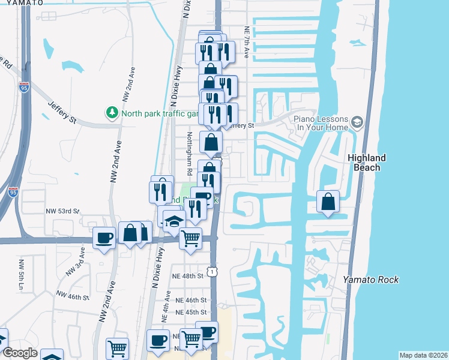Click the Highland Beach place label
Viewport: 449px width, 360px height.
[x=367, y=163]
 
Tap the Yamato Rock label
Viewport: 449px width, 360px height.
[x=370, y=280]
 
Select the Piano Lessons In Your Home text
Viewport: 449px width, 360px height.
[x=321, y=123]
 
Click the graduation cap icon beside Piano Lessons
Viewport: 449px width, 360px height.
[x=358, y=123]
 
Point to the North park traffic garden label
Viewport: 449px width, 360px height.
[x=160, y=113]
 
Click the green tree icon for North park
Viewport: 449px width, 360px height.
[x=112, y=113]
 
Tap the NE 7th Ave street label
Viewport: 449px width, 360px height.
[x=246, y=42]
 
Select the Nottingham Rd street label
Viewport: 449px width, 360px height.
[x=189, y=153]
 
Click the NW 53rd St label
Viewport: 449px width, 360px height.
[x=62, y=211]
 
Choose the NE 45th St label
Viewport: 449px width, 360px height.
[x=191, y=312]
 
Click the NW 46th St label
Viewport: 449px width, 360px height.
[x=73, y=295]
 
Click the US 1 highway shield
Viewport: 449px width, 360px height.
[x=212, y=272]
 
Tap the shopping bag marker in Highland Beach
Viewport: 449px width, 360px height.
[x=328, y=202]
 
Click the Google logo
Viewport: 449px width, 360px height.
[x=19, y=353]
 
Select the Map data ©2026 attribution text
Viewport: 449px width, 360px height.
[x=423, y=355]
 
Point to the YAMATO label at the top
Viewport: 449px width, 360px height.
[x=22, y=2]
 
